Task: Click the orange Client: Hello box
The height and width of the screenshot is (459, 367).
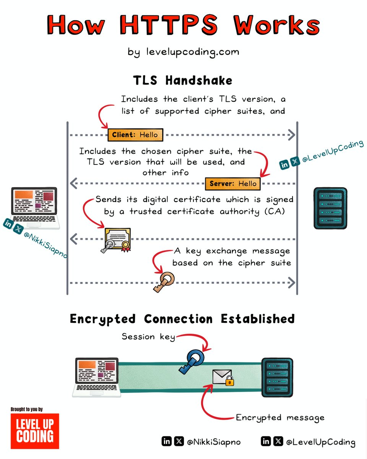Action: click(135, 135)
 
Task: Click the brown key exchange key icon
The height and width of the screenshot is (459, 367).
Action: click(164, 282)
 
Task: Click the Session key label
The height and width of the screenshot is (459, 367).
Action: click(148, 337)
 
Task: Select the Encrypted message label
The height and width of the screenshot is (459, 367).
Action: click(280, 417)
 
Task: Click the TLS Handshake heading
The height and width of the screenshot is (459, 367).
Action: click(182, 81)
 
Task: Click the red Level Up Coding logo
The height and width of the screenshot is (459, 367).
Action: click(35, 431)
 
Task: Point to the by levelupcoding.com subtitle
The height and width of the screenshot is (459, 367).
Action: click(183, 52)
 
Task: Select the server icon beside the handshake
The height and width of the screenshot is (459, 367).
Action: click(330, 208)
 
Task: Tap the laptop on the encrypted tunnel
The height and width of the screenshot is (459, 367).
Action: click(96, 377)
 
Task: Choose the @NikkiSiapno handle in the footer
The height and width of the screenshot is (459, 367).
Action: click(214, 442)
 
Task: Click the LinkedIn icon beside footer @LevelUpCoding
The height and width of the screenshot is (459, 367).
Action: click(266, 441)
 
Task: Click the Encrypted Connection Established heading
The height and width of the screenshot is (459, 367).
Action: click(182, 319)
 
